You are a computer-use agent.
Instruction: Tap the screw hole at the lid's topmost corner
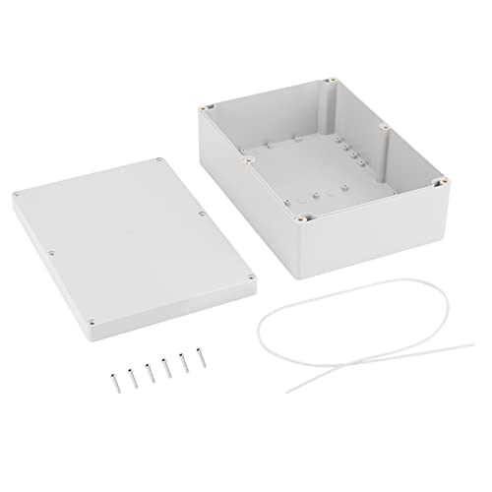158,159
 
